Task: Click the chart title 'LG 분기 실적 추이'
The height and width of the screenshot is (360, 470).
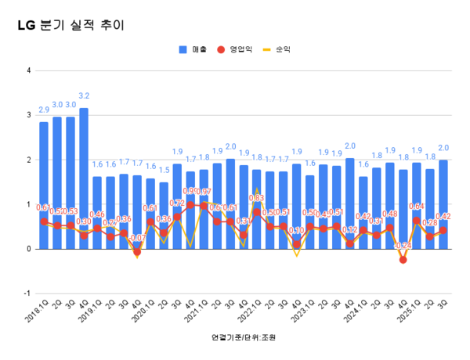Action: [x=70, y=25]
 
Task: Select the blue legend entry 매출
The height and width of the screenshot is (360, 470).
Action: [x=193, y=49]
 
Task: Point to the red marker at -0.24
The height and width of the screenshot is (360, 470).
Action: [x=403, y=260]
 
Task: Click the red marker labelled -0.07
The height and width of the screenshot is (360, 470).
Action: [x=137, y=252]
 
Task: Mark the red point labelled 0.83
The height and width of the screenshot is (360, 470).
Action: [x=257, y=212]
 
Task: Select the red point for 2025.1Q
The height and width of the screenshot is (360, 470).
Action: [x=417, y=221]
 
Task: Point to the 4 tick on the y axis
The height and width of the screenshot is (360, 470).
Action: [x=29, y=70]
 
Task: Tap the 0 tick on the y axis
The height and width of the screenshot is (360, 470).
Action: [x=29, y=249]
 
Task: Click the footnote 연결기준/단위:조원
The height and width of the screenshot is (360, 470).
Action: [x=244, y=338]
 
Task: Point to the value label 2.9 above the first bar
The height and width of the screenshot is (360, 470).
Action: [x=44, y=111]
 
